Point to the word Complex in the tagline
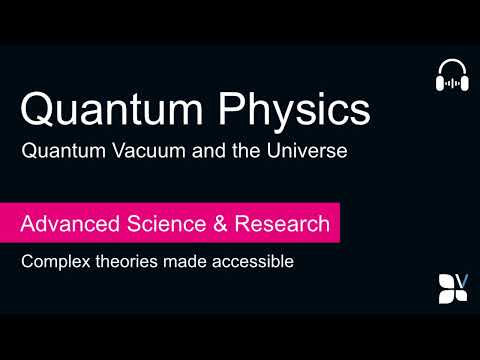[x=57, y=265]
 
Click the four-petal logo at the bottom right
[x=450, y=288]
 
